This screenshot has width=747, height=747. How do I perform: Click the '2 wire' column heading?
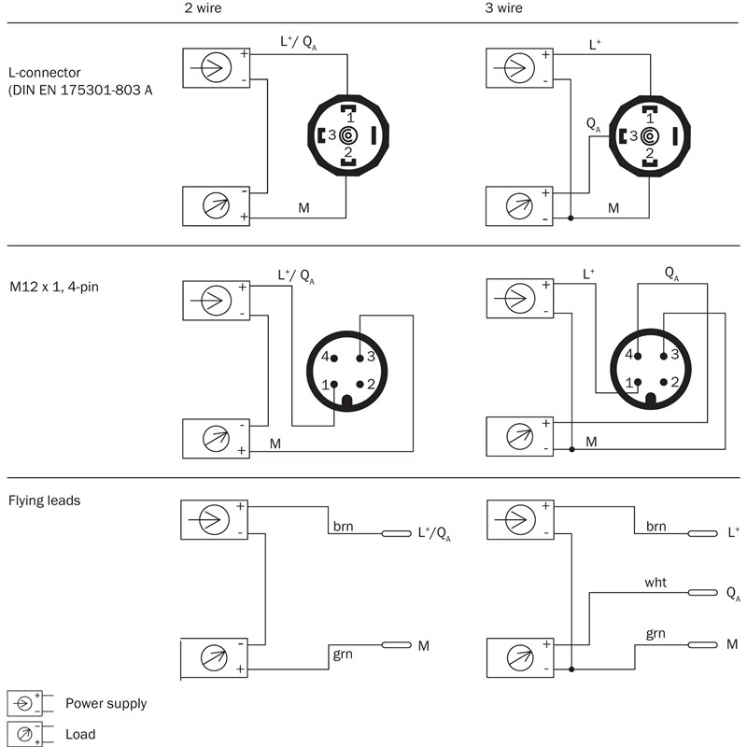coord(203,8)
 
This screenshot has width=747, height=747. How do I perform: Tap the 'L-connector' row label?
coord(45,71)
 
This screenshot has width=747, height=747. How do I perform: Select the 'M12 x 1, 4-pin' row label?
coord(53,286)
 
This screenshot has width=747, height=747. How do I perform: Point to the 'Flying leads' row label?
coord(44,500)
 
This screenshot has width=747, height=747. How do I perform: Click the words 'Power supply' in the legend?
coord(106,704)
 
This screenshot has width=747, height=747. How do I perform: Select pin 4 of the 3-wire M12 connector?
coord(638,356)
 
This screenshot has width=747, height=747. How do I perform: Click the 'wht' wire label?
coord(655,582)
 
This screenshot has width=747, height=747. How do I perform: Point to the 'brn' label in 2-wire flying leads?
coord(343,527)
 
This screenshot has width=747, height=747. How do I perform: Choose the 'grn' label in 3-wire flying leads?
coord(656,635)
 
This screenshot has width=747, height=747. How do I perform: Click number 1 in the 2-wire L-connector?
coord(350,118)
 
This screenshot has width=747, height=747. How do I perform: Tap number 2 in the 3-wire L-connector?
coord(651,153)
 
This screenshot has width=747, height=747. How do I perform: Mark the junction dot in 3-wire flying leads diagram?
coord(571,669)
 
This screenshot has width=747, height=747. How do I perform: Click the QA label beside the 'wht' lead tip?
coord(733,594)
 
